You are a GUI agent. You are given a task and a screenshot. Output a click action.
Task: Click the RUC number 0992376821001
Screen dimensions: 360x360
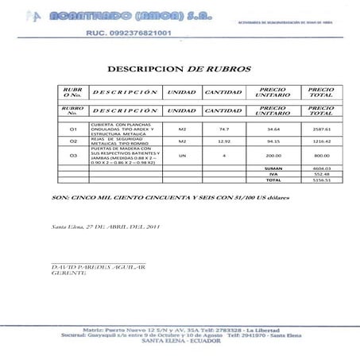pos(134,33)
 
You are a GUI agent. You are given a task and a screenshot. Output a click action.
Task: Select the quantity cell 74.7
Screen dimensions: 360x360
pos(223,129)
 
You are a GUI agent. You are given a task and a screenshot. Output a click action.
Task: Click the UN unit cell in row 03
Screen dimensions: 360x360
pos(182,155)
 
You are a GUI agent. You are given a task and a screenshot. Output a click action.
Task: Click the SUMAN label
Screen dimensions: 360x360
pos(273,168)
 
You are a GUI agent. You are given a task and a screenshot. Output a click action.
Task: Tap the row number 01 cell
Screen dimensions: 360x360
pos(73,129)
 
